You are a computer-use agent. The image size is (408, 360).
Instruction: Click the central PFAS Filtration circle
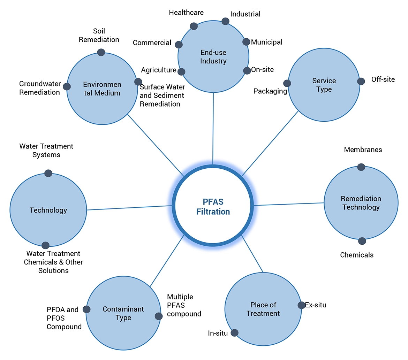pos(213,206)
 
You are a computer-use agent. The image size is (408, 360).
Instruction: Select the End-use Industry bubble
pos(213,57)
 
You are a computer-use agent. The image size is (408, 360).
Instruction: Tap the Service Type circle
pos(324,85)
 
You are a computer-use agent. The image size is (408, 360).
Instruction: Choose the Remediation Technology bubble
pos(361,203)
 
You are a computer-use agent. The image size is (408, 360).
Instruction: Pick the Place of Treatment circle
pos(263,309)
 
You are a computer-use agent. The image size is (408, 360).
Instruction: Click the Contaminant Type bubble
pos(123,313)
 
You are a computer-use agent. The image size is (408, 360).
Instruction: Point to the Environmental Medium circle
pos(102,89)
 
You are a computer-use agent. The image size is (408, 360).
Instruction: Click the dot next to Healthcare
pos(194,26)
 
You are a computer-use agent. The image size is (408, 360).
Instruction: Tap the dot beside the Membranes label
pos(361,167)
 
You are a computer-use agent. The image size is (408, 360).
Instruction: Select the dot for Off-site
pos(361,81)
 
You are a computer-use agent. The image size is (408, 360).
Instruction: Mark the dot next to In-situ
pos(234,333)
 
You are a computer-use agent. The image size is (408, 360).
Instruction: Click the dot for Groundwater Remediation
pos(67,87)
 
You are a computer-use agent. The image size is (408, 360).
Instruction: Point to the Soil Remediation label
pos(99,35)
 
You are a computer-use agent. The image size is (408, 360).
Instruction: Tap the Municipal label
pos(266,42)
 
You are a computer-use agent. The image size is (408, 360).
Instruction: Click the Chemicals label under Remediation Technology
pos(357,255)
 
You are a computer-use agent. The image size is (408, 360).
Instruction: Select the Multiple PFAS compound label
pos(184,305)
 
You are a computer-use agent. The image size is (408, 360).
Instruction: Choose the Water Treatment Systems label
pos(46,150)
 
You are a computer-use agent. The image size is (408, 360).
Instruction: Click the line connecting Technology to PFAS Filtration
pos(129,208)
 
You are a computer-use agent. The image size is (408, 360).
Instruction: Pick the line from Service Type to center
pos(270,143)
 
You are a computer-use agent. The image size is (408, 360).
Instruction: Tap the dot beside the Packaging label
pos(287,83)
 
